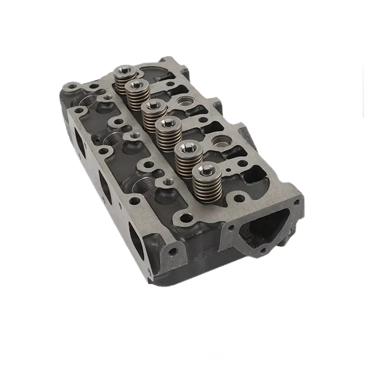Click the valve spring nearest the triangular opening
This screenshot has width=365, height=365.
click(206, 182)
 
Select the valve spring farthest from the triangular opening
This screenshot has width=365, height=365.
click(125, 78)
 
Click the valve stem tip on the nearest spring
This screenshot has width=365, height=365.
click(206, 168)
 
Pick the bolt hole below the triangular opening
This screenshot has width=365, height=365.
click(263, 251)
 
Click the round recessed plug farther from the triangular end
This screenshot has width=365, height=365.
click(184, 101)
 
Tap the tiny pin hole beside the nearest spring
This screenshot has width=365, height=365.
click(228, 169)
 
